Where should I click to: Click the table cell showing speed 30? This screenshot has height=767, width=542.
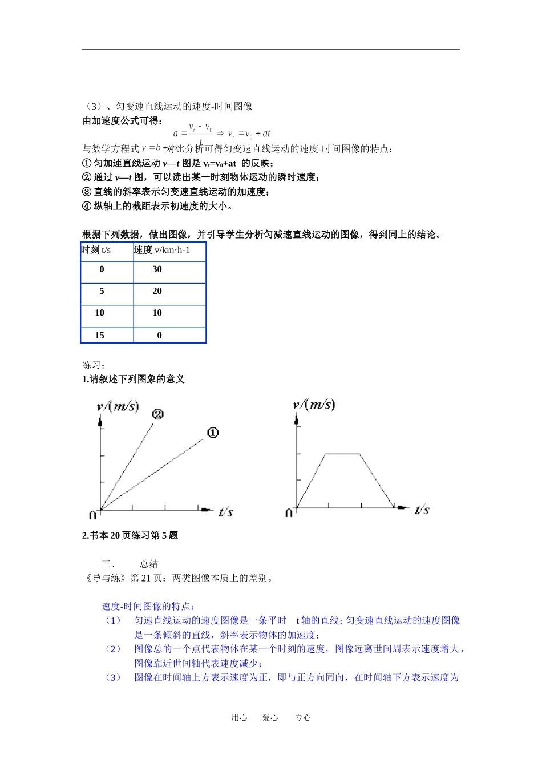[x=157, y=269]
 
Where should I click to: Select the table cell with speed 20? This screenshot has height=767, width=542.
[x=157, y=291]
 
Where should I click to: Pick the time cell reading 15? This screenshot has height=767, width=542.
[x=100, y=336]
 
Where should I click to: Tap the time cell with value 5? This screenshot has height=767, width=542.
[x=102, y=291]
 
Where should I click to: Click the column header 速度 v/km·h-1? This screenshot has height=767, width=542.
[x=162, y=250]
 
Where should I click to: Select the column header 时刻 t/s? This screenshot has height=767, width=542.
[x=96, y=250]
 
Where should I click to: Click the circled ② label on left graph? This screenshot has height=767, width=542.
[x=158, y=414]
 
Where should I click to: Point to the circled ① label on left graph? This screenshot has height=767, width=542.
[x=212, y=433]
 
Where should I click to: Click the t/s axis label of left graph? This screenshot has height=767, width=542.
[x=226, y=512]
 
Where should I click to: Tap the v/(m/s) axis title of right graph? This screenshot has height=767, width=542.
[x=314, y=405]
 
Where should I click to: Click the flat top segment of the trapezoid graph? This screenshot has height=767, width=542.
[x=342, y=454]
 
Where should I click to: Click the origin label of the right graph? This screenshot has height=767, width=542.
[x=289, y=513]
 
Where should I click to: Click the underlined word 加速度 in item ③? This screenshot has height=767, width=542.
[x=251, y=192]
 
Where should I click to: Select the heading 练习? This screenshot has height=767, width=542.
[x=94, y=365]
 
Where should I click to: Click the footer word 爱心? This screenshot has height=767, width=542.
[x=270, y=718]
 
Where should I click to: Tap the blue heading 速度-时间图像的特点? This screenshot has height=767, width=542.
[x=148, y=607]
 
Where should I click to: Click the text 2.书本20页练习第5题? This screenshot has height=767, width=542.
[x=130, y=535]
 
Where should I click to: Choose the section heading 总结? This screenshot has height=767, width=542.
[x=149, y=564]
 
